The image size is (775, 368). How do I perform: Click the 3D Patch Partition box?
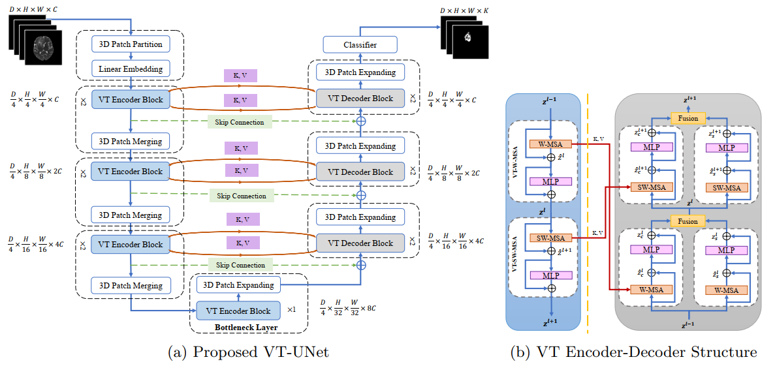click(131, 45)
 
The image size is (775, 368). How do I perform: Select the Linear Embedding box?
click(131, 69)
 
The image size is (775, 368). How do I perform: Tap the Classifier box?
click(360, 45)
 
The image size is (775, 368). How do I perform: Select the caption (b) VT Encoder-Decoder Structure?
click(634, 352)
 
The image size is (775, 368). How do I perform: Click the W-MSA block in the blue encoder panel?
click(551, 144)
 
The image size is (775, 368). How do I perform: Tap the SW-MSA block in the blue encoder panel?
click(551, 238)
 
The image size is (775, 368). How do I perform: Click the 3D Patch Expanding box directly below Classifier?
click(360, 72)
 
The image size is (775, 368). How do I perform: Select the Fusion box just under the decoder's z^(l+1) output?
click(688, 118)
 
